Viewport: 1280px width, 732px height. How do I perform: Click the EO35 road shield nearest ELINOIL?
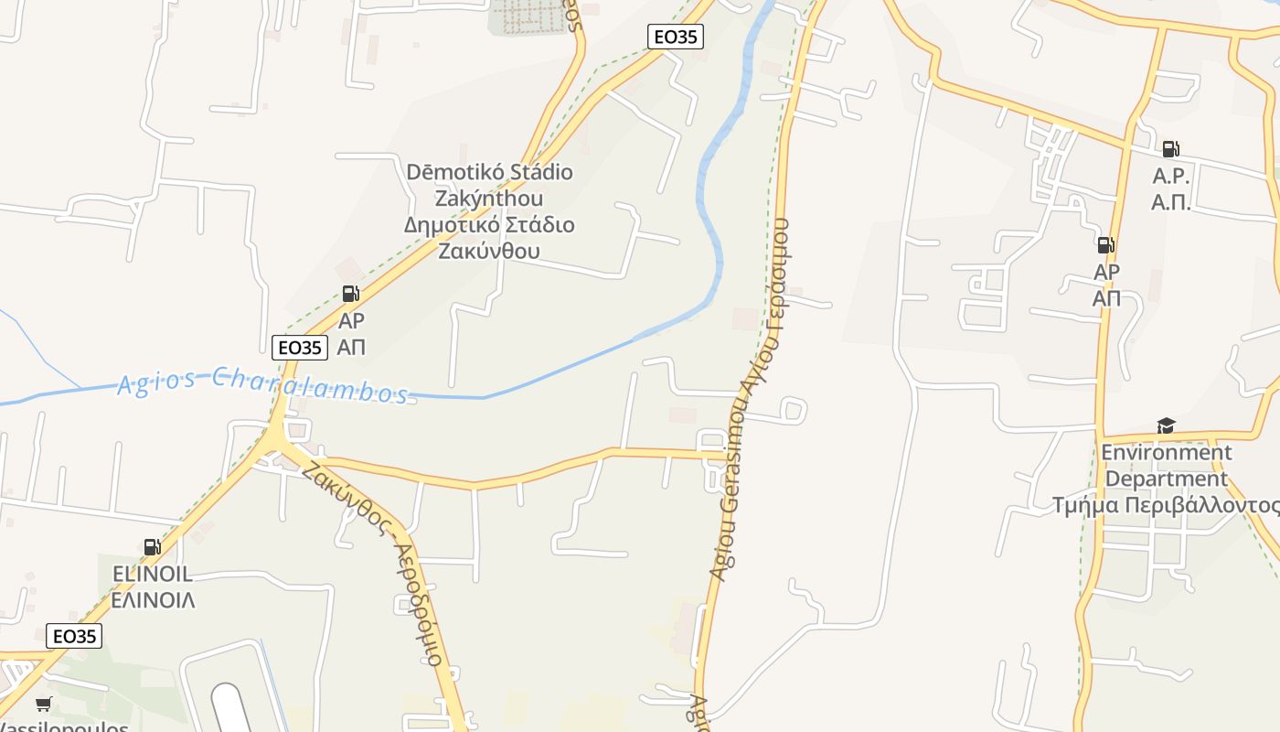pos(74,636)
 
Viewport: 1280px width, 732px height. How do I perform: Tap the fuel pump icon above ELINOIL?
pos(152,547)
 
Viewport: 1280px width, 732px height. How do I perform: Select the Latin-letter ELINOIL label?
pos(152,574)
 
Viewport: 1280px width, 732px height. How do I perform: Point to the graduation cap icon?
pos(1166,425)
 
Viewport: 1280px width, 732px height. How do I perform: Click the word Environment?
pos(1166,452)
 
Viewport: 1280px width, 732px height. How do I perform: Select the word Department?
pos(1166,479)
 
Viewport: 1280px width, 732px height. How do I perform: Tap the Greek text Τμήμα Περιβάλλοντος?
pos(1166,505)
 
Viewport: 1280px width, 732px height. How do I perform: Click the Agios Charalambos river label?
pos(262,384)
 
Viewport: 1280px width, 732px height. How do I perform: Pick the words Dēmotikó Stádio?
pos(489,172)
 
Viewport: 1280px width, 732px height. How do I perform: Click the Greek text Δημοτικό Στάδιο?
pos(489,224)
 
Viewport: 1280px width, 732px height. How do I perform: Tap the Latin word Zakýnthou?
pos(489,198)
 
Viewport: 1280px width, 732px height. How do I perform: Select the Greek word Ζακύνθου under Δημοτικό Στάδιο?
pos(489,251)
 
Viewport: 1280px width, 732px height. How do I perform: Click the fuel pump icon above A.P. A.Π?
pos(1170,149)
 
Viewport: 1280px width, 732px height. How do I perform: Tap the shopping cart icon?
pos(43,704)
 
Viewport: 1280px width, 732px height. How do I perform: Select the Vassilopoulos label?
pos(64,727)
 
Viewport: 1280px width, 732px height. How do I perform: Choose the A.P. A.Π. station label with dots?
pos(1171,189)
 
